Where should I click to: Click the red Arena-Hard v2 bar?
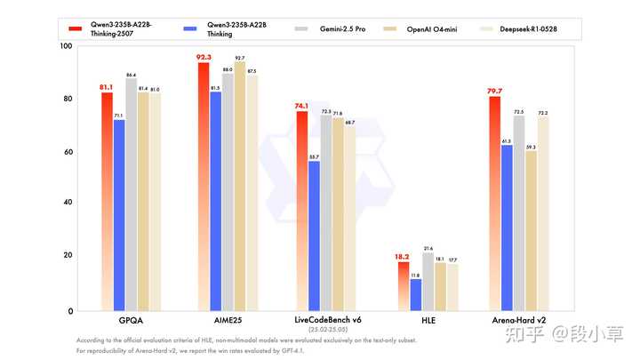click(494, 204)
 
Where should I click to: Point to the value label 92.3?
click(204, 58)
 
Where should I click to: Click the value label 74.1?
click(301, 106)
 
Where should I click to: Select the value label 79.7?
click(494, 91)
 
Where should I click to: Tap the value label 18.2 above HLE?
click(403, 257)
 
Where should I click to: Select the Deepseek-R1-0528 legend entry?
click(537, 29)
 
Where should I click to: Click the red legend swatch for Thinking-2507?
click(77, 29)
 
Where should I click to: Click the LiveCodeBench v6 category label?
click(325, 318)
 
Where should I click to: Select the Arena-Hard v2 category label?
click(518, 318)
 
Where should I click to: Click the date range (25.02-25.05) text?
click(325, 330)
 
